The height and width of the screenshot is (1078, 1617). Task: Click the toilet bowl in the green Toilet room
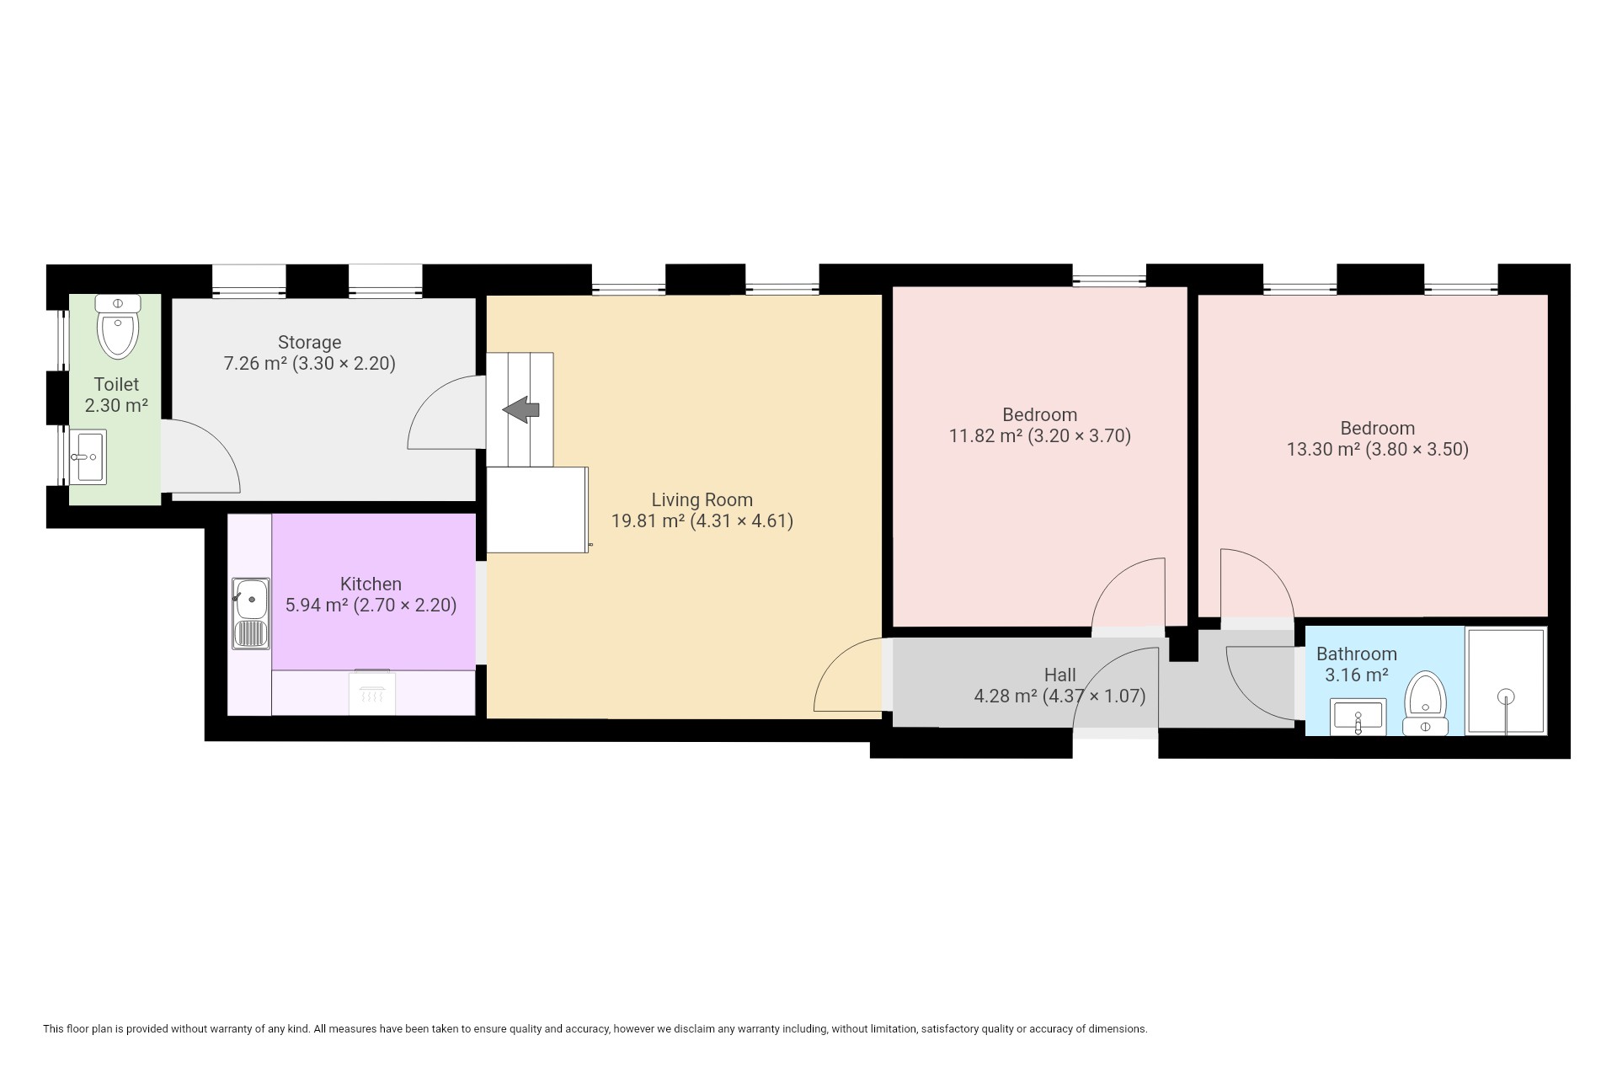click(x=118, y=326)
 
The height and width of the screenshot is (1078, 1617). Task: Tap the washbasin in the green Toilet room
click(x=88, y=456)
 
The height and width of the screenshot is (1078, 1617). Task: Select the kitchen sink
click(x=251, y=613)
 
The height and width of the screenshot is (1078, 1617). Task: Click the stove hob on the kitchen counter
click(x=372, y=691)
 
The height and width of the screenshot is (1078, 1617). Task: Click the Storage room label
click(x=309, y=342)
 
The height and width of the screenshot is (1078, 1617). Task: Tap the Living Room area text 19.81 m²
click(x=648, y=520)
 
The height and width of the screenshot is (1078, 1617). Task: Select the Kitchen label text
click(x=371, y=584)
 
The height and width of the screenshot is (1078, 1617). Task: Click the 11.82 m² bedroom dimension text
click(x=1040, y=435)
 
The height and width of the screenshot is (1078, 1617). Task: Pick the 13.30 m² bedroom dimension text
click(x=1378, y=449)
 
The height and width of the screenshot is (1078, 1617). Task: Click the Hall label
click(x=1059, y=675)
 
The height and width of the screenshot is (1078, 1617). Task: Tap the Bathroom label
click(x=1356, y=654)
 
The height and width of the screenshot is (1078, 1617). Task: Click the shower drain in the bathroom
click(x=1507, y=696)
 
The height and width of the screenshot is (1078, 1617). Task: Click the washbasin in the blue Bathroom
click(x=1358, y=717)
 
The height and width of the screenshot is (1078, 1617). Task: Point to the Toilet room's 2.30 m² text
click(x=116, y=405)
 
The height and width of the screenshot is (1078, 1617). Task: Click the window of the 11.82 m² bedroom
click(x=1109, y=276)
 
